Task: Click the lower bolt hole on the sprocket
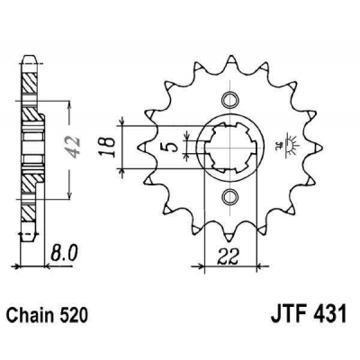tap(230, 197)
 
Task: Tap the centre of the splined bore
tap(230, 147)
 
